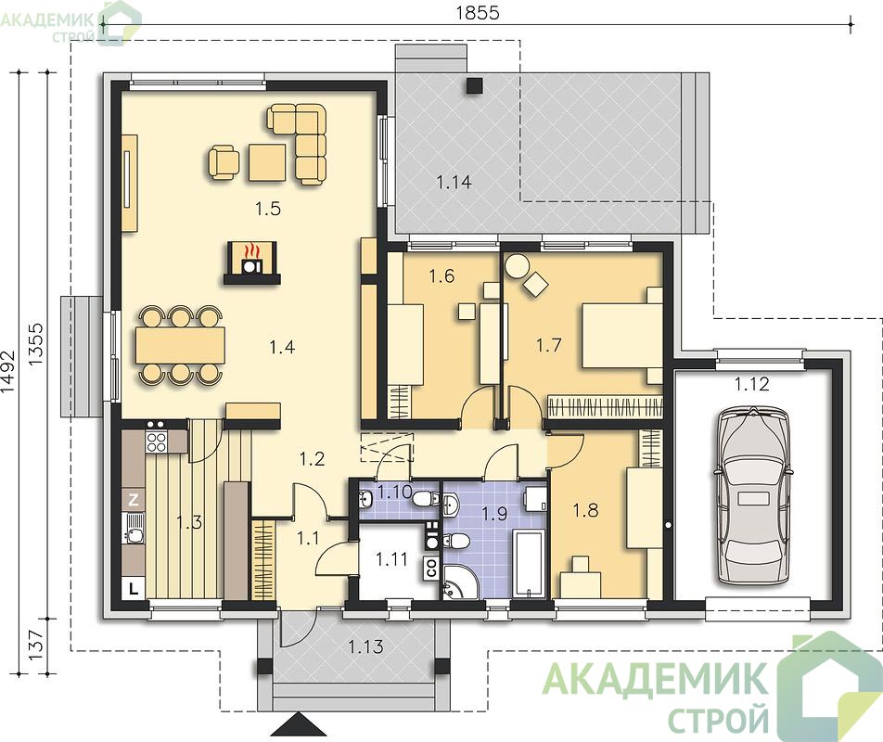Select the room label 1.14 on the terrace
coord(454,182)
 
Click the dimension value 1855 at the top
coord(478,12)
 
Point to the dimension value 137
coord(35,646)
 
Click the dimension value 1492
coord(7,372)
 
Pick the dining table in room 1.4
coord(180,344)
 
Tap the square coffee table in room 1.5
coord(267,162)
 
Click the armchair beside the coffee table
coord(224,162)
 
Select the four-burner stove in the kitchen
coord(156,441)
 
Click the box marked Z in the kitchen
coord(134,500)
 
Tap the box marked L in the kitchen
coord(134,589)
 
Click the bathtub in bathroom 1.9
coord(529,561)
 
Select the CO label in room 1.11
coord(431,568)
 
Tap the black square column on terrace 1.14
coord(474,84)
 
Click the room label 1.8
coord(585,511)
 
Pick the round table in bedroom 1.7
coord(516,265)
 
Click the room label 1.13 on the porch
coord(366,646)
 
